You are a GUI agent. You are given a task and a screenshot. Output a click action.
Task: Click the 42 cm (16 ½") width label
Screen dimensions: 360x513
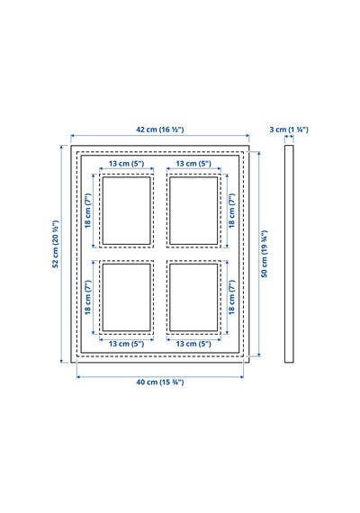click(159, 130)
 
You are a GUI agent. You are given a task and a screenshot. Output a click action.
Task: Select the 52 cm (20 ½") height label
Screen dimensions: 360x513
click(56, 244)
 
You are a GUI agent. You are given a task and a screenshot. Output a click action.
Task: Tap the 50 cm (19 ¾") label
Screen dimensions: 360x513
click(265, 254)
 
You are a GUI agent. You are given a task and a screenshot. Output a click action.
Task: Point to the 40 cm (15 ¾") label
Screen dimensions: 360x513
click(160, 382)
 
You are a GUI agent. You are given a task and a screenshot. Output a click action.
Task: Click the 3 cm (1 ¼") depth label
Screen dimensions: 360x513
click(289, 130)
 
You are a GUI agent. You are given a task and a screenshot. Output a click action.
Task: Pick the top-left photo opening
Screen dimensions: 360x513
click(127, 211)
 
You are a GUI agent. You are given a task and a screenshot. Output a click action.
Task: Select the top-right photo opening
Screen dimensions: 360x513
click(193, 211)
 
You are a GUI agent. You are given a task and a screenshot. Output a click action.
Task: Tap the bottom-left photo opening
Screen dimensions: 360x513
click(127, 297)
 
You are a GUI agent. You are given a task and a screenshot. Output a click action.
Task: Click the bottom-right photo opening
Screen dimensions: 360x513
click(193, 297)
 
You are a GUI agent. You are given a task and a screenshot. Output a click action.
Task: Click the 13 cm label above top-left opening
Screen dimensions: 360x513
click(126, 163)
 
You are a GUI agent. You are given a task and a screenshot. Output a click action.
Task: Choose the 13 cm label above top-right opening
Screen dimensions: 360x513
click(193, 163)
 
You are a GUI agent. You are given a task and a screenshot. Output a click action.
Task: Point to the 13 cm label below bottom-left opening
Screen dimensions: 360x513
click(126, 344)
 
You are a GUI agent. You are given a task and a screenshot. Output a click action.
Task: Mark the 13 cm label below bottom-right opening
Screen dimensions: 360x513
click(193, 344)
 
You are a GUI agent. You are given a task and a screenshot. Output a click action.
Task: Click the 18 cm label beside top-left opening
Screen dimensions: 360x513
click(88, 211)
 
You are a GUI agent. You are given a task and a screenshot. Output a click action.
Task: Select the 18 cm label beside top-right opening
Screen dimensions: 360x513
click(231, 211)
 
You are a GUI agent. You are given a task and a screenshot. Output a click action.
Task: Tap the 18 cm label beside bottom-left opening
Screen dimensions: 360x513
click(88, 297)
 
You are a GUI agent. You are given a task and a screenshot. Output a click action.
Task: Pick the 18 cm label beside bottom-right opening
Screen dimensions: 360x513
click(231, 297)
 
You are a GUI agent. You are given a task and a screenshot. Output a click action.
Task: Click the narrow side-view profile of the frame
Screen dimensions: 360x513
click(289, 254)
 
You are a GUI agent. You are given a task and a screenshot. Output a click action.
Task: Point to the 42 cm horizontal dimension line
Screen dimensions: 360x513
click(160, 135)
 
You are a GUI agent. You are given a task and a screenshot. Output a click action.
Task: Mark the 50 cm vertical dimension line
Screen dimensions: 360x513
click(259, 254)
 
